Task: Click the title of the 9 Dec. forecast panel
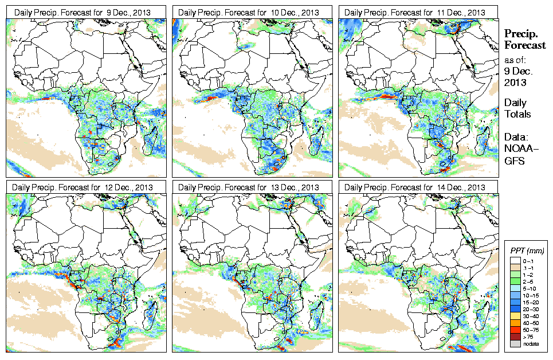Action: click(x=85, y=12)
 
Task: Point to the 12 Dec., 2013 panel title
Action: click(x=85, y=187)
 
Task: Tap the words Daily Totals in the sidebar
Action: click(x=517, y=108)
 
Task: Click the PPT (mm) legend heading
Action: click(x=527, y=251)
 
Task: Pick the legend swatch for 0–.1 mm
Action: click(x=515, y=260)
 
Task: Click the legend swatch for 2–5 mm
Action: click(x=515, y=282)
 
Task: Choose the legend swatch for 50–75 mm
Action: click(x=515, y=330)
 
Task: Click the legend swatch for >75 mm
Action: click(x=515, y=338)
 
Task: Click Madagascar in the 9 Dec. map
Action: click(x=152, y=140)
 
